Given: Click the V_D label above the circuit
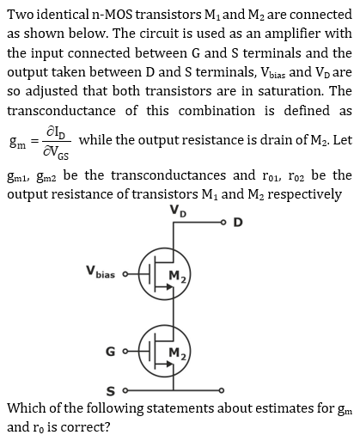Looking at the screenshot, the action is [178, 211].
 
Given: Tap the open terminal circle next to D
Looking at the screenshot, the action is [223, 222].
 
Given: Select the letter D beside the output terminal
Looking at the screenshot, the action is [238, 223].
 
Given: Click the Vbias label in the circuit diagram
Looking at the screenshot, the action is [101, 272].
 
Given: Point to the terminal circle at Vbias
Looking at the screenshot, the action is [125, 274].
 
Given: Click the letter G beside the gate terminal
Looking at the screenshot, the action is [111, 352].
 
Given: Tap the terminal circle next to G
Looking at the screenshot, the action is [125, 351].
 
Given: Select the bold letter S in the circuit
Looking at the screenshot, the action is [111, 391].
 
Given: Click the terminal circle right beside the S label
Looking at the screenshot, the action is [125, 390].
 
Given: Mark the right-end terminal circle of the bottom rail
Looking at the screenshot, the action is [222, 390].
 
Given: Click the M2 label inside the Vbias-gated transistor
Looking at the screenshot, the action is [178, 276].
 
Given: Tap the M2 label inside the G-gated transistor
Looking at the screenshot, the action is [178, 353].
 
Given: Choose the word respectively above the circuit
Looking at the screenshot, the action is [304, 195].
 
